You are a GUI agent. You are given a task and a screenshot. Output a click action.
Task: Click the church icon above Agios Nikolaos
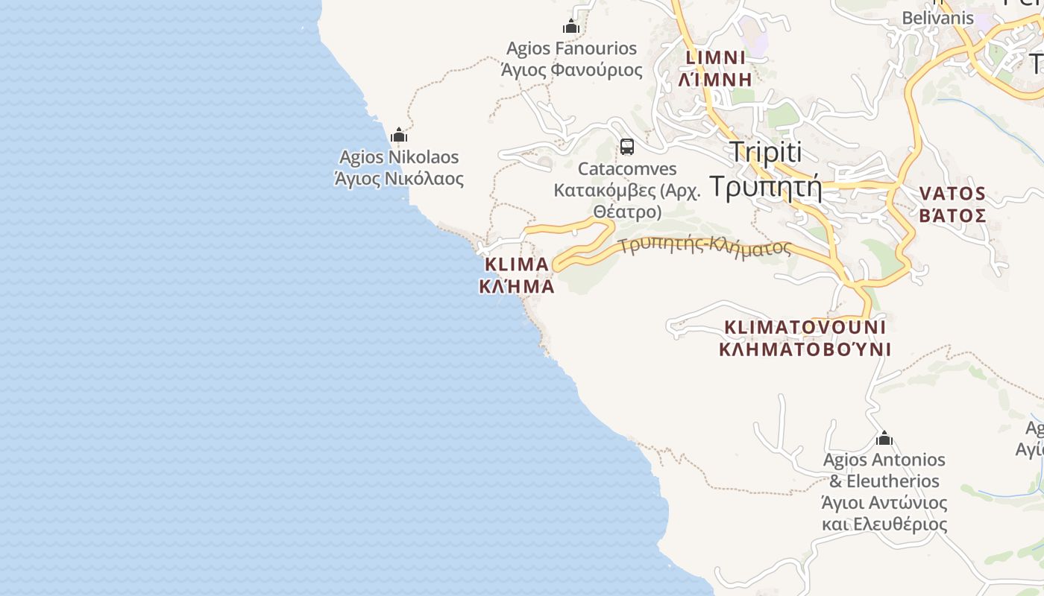coord(399,135)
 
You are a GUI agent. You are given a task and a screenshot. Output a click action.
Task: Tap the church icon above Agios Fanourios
coord(571,27)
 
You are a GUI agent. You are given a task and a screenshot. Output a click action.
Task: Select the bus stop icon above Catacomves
coord(627,146)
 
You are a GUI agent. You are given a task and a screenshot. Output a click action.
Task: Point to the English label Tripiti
coord(765,152)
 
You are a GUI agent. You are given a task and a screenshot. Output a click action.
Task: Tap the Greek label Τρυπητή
coord(765,186)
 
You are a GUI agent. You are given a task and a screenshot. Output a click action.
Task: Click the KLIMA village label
coord(517,264)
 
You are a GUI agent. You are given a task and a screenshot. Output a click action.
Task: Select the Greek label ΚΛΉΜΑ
coord(517,286)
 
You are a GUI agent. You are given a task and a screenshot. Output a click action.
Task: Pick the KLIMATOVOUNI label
coord(805,327)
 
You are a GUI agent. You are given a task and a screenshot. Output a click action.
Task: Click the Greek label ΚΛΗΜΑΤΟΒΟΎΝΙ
coord(805,349)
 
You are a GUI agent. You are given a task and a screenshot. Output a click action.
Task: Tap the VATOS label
coord(952,194)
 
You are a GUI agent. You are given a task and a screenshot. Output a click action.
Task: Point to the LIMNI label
coord(716,57)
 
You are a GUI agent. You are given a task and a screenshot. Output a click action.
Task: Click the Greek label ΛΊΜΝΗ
coord(716,78)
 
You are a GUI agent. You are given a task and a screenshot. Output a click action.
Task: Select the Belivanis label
coord(937,17)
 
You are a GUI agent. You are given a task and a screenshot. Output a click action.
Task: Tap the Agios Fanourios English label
coord(571,48)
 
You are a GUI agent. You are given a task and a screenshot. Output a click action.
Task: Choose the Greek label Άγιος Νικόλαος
coord(399,179)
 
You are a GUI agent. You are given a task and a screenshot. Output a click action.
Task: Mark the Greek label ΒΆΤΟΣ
coord(952,216)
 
